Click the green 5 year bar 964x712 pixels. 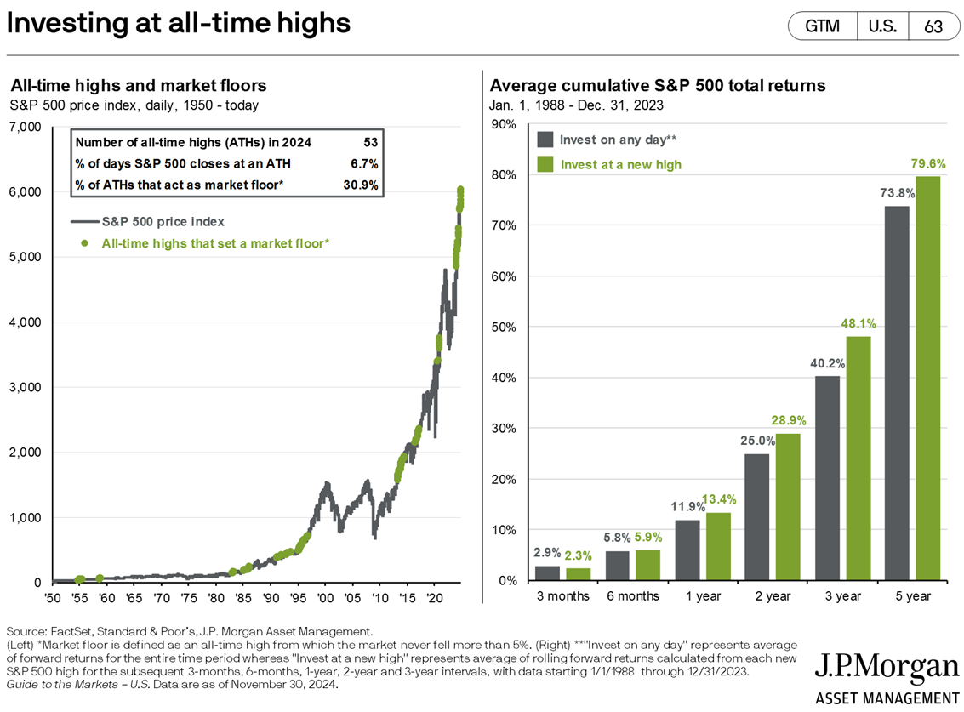click(x=929, y=379)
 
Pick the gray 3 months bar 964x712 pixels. click(x=548, y=572)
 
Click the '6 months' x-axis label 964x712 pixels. click(x=633, y=596)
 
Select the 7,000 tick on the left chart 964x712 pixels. click(x=25, y=127)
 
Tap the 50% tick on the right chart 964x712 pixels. click(x=503, y=327)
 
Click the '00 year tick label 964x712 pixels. click(x=324, y=598)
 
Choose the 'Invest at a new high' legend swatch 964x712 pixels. click(x=545, y=164)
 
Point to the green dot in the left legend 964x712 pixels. click(x=85, y=244)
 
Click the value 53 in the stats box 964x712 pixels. click(x=369, y=142)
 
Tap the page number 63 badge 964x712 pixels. click(x=933, y=26)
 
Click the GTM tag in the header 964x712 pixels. click(x=822, y=26)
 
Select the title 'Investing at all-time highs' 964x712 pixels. click(x=178, y=23)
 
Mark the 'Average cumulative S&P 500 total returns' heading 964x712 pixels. click(x=658, y=86)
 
